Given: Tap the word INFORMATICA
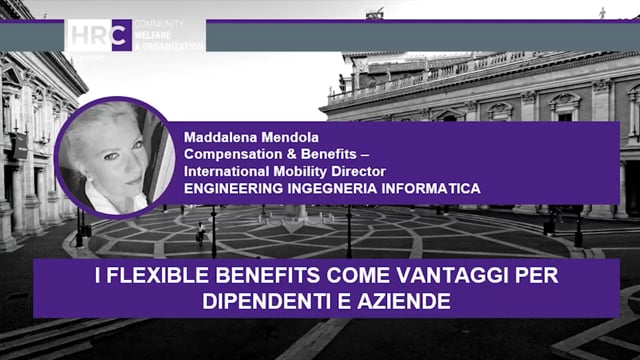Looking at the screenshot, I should [x=431, y=188].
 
